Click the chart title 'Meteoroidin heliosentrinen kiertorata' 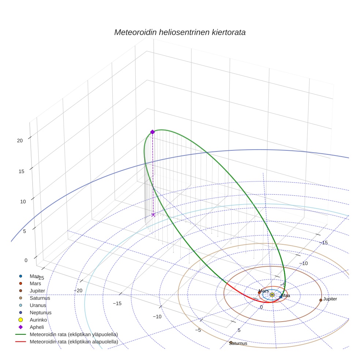(180, 32)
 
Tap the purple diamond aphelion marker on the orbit (153, 132)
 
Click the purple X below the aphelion (153, 215)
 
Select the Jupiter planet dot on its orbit (321, 300)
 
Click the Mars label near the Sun (263, 291)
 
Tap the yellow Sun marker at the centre (272, 295)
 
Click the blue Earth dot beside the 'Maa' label (281, 297)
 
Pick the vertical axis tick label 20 (20, 140)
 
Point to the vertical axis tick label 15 (21, 171)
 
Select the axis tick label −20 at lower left (78, 290)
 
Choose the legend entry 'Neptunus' (41, 312)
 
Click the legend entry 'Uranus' (38, 305)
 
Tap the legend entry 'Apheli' (37, 327)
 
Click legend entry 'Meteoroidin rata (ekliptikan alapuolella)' (74, 342)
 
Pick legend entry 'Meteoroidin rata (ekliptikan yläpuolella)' (74, 334)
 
